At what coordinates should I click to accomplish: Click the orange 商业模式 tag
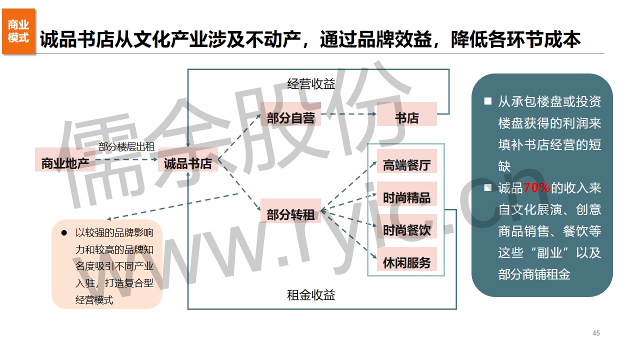point(18,31)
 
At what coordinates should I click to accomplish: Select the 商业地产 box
point(65,163)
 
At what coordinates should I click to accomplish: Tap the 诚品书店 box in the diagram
point(188,163)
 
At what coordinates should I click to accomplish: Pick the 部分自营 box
point(290,118)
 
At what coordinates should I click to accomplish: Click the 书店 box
point(406,118)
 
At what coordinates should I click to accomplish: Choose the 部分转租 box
point(290,214)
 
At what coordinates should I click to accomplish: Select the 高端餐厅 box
point(406,165)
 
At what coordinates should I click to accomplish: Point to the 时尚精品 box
point(406,197)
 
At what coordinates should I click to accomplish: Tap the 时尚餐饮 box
point(406,230)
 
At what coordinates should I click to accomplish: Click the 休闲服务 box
point(406,262)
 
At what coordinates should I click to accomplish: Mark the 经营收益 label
point(311,84)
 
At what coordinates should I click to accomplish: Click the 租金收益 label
point(311,295)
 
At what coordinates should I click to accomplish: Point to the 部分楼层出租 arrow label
point(126,146)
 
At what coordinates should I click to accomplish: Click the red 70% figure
point(537,188)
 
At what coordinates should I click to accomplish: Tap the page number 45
point(595,333)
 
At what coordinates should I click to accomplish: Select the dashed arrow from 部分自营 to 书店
point(348,114)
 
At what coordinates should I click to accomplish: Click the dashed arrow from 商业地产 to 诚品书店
point(127,160)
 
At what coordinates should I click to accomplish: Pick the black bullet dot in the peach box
point(64,232)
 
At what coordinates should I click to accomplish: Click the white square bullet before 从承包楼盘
point(487,101)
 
